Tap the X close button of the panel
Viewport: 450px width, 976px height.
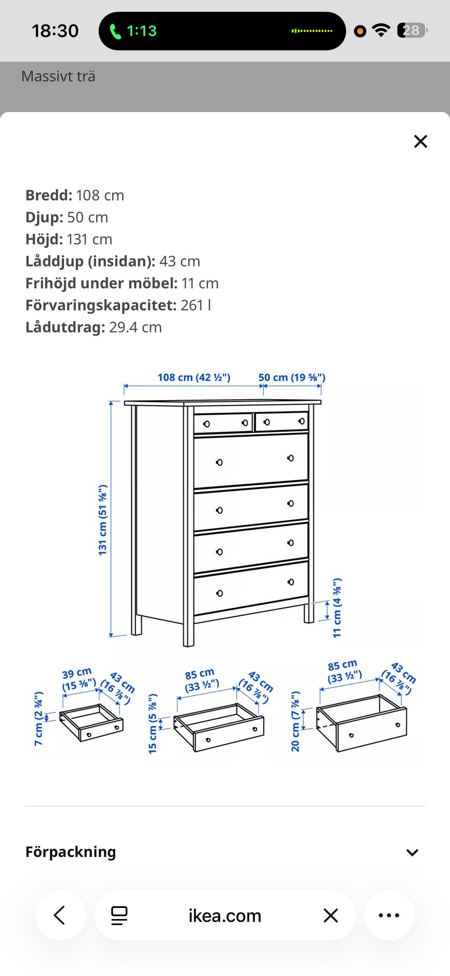tap(420, 141)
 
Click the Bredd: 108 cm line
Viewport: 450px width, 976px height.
tap(75, 195)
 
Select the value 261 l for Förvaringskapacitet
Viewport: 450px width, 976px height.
tap(196, 305)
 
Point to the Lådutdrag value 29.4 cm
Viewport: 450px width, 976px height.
tap(135, 327)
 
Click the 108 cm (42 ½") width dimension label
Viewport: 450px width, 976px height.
tap(194, 378)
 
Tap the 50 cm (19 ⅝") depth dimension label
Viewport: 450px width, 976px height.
tap(292, 378)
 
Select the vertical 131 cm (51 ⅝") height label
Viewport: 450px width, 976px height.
tap(103, 520)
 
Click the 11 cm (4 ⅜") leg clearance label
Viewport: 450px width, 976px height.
tap(337, 607)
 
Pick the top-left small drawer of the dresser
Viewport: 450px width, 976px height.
tap(223, 423)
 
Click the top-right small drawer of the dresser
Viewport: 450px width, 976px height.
tap(281, 422)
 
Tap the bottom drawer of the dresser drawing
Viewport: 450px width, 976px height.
tap(251, 588)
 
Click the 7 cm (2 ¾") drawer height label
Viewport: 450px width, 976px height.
tap(38, 718)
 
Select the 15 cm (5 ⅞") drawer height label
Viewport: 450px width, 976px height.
tap(152, 724)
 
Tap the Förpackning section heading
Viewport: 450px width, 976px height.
tap(71, 852)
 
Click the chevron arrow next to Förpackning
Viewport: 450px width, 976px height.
tap(412, 852)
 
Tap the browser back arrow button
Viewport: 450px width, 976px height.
tap(60, 915)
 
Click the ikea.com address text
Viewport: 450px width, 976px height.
tap(225, 915)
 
